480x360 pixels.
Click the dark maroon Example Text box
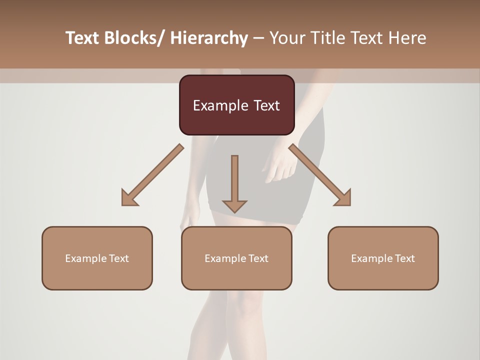[236, 105]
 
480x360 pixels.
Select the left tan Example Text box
[97, 258]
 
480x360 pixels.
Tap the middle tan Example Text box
[236, 258]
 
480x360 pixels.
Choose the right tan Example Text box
[383, 258]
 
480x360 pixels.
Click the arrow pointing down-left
[152, 175]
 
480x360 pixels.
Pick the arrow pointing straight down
[234, 182]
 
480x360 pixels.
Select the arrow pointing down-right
[320, 175]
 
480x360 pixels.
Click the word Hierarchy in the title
[209, 38]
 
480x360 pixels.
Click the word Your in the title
[285, 38]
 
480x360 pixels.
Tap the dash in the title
[258, 38]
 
